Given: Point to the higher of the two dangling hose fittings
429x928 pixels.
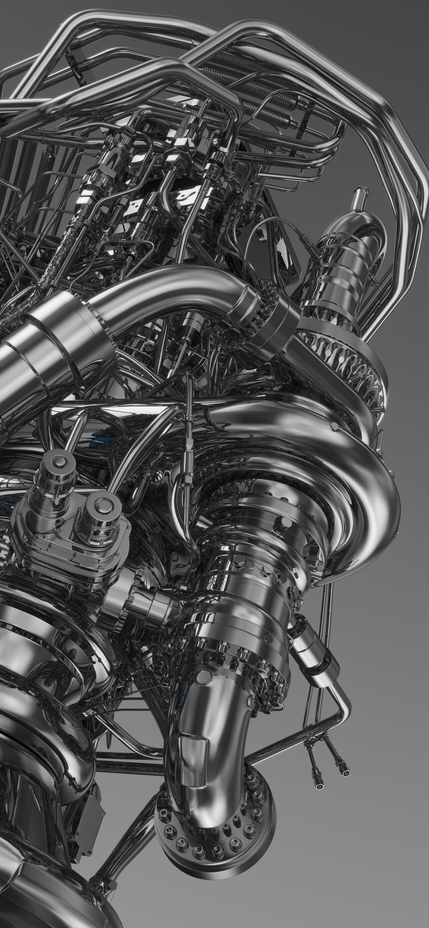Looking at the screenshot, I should point(345,771).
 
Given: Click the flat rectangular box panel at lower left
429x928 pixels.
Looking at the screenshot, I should point(90,807).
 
